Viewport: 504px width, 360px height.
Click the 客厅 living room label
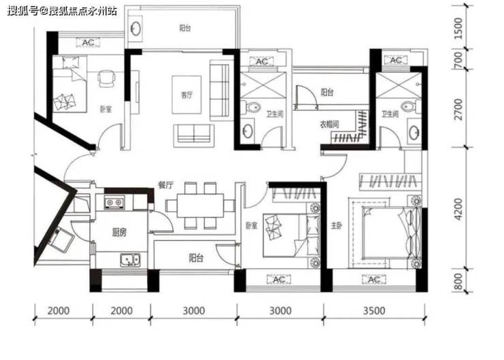187,95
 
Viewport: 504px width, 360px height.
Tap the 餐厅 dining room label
166,185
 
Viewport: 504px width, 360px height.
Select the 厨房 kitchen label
119,232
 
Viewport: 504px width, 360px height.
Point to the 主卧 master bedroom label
336,226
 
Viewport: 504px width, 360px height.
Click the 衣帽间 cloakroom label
329,124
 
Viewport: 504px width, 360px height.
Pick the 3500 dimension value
374,310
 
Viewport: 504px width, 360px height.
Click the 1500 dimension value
458,29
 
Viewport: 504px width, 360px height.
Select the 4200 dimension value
458,209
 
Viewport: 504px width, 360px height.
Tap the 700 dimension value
458,60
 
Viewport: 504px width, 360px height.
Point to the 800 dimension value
458,281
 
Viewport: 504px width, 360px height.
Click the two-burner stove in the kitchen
114,202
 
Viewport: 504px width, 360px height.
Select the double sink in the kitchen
130,259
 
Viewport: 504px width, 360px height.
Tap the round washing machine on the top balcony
136,29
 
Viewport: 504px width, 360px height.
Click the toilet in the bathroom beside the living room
251,107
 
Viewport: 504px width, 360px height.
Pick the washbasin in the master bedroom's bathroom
414,133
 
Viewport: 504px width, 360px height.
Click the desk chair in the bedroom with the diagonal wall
106,78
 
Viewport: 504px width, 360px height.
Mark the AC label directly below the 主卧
374,280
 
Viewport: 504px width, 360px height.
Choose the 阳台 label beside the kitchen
195,257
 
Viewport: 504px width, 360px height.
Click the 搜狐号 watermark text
23,12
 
